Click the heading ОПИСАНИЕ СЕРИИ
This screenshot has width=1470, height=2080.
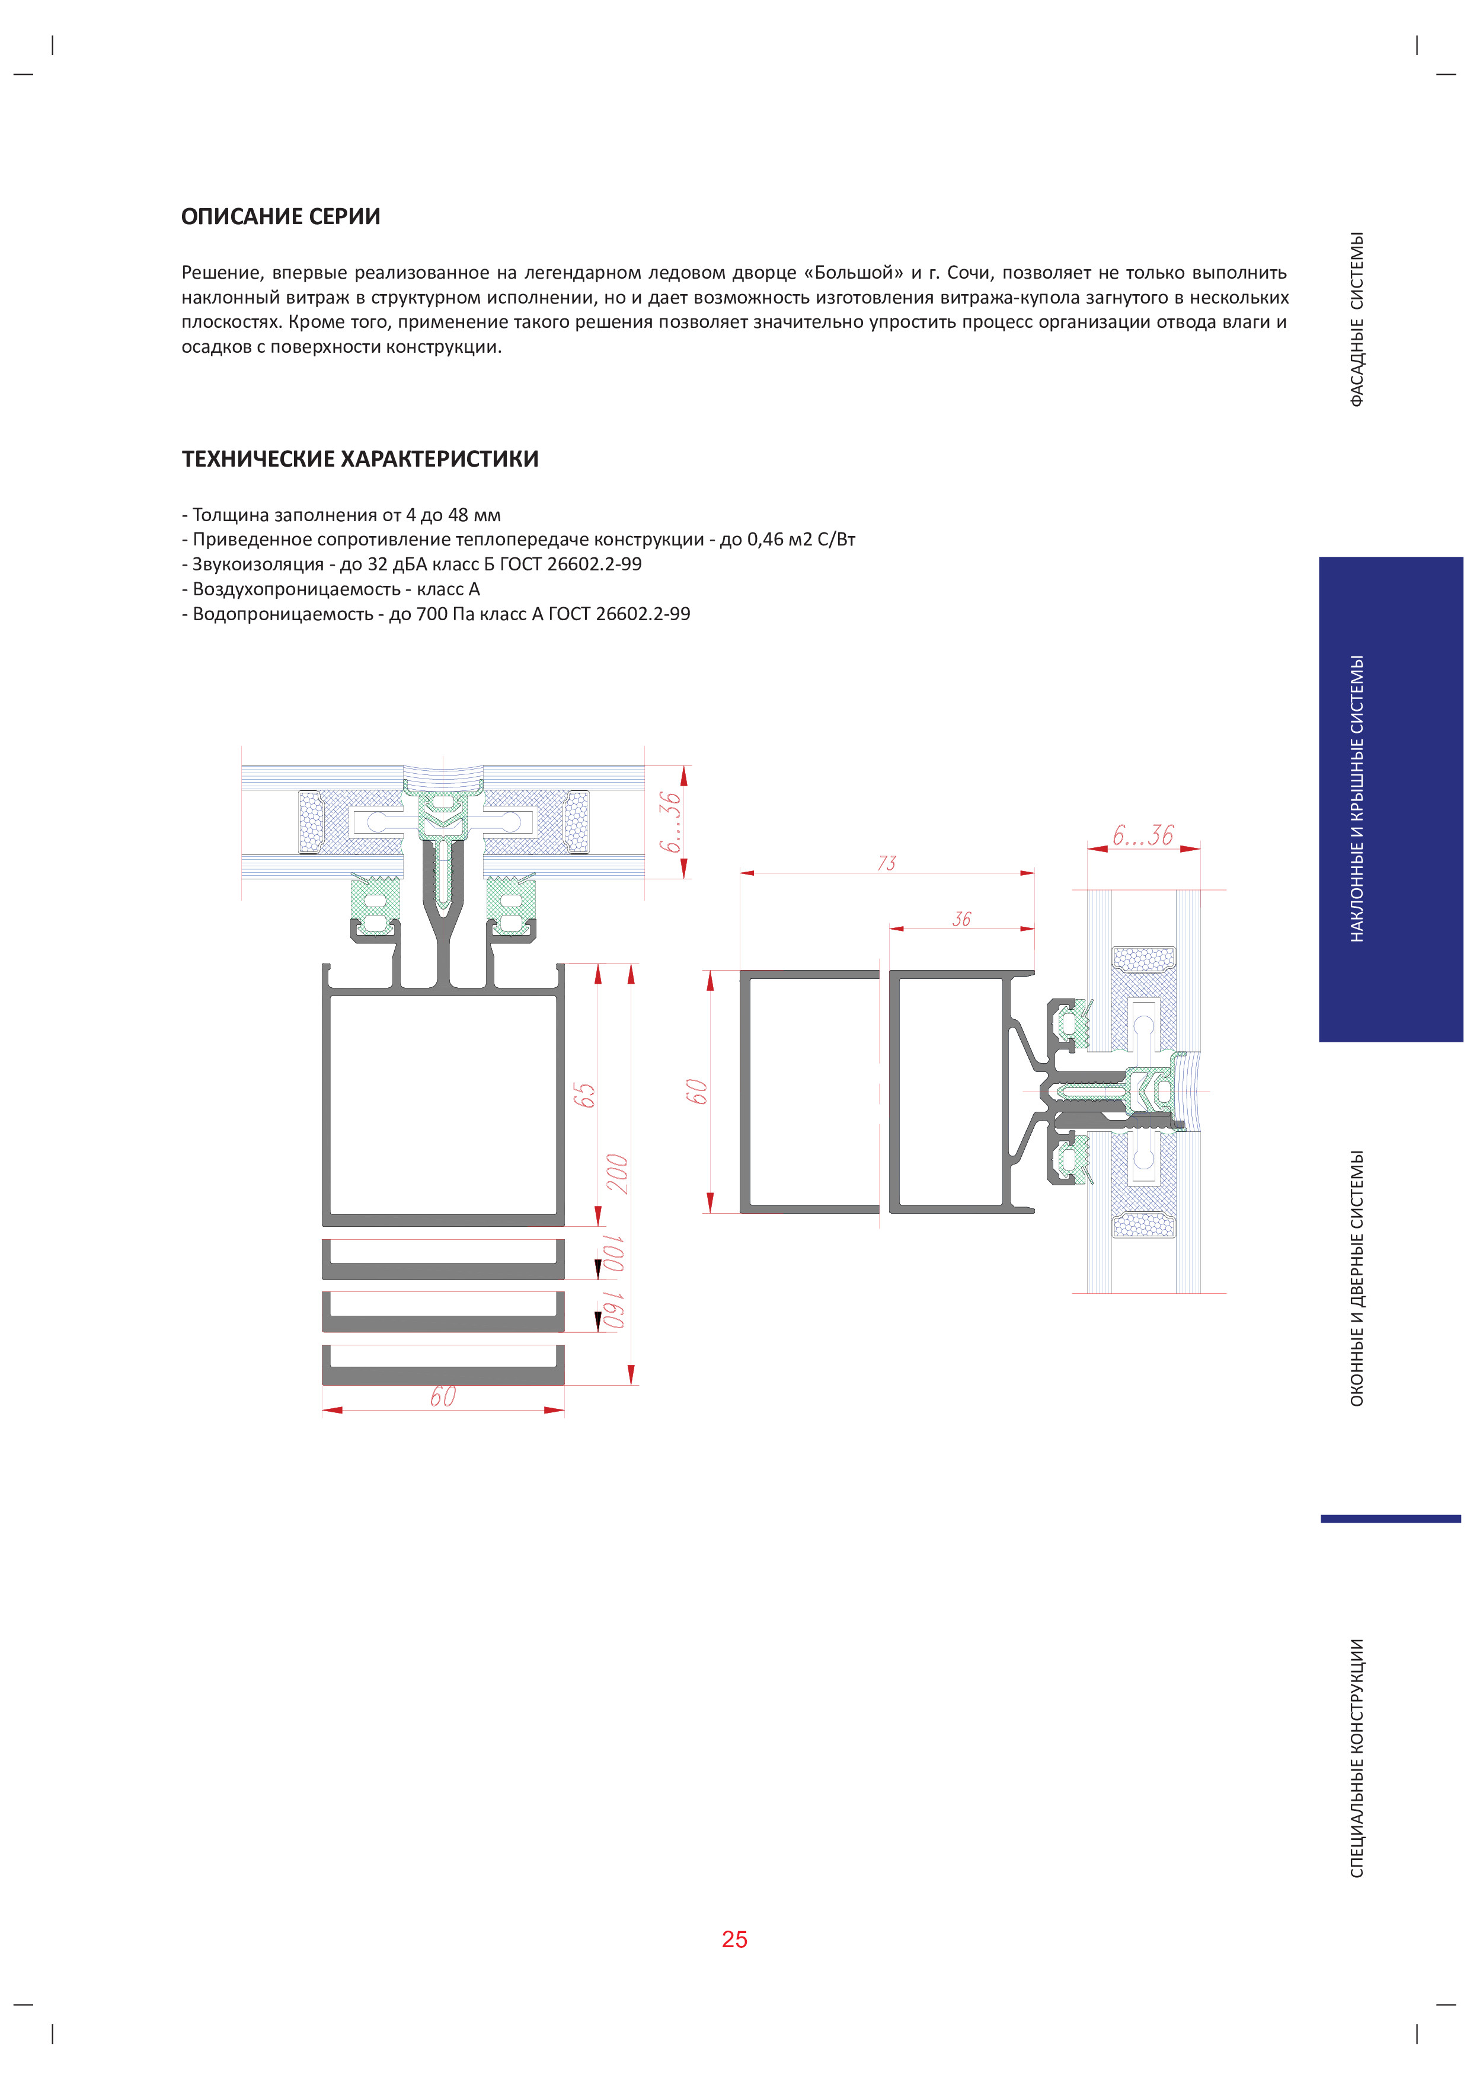(x=281, y=216)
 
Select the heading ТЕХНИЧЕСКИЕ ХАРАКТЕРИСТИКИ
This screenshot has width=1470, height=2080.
(x=360, y=460)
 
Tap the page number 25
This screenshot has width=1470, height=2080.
(x=734, y=1939)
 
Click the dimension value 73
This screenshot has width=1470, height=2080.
(x=887, y=863)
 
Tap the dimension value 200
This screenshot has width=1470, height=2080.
(x=618, y=1173)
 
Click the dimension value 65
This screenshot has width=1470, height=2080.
(x=584, y=1095)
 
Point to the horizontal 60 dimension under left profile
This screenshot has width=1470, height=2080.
(x=443, y=1397)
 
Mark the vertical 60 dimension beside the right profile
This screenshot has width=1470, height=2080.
(x=696, y=1092)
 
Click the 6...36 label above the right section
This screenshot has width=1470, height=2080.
(x=1143, y=835)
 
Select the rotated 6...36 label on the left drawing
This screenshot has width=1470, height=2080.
(x=669, y=822)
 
